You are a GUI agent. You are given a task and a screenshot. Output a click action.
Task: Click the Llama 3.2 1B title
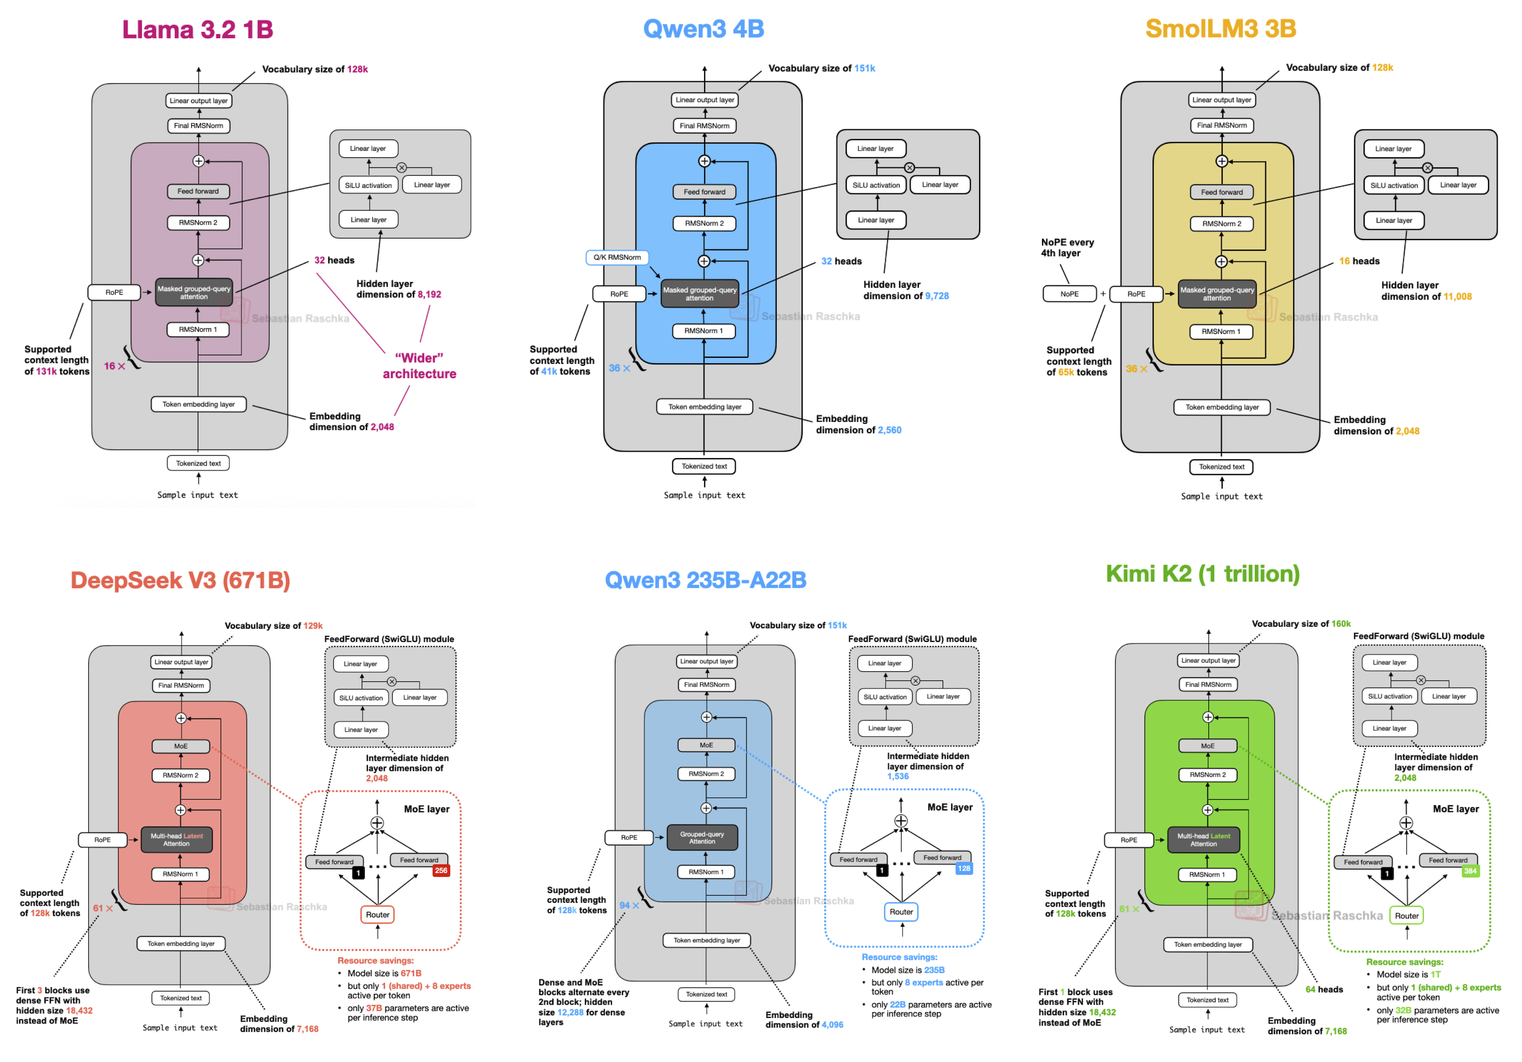click(x=197, y=29)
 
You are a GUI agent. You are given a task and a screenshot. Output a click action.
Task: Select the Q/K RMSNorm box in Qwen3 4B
click(x=616, y=257)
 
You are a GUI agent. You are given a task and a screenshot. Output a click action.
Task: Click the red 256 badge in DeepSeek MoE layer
click(x=441, y=870)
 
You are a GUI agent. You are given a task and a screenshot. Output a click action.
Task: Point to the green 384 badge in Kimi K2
click(x=1470, y=871)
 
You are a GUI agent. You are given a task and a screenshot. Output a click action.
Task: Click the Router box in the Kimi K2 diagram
click(x=1406, y=915)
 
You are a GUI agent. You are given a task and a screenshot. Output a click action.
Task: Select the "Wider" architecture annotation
click(x=419, y=366)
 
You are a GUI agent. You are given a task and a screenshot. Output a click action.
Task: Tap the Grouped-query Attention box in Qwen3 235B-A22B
click(x=702, y=837)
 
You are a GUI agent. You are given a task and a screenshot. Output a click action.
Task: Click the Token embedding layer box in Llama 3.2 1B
click(x=198, y=404)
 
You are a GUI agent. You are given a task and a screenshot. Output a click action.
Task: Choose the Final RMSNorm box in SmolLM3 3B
click(x=1221, y=125)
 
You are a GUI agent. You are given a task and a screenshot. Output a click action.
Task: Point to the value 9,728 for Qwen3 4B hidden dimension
click(x=937, y=296)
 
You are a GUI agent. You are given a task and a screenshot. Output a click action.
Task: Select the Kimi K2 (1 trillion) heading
click(x=1202, y=573)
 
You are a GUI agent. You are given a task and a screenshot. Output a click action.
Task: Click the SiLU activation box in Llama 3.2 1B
click(x=368, y=186)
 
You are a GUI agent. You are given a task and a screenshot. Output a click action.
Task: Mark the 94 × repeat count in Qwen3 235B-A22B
click(x=629, y=905)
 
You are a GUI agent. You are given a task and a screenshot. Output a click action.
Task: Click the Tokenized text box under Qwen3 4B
click(x=704, y=466)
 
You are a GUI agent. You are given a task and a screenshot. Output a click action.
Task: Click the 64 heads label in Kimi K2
click(x=1324, y=989)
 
